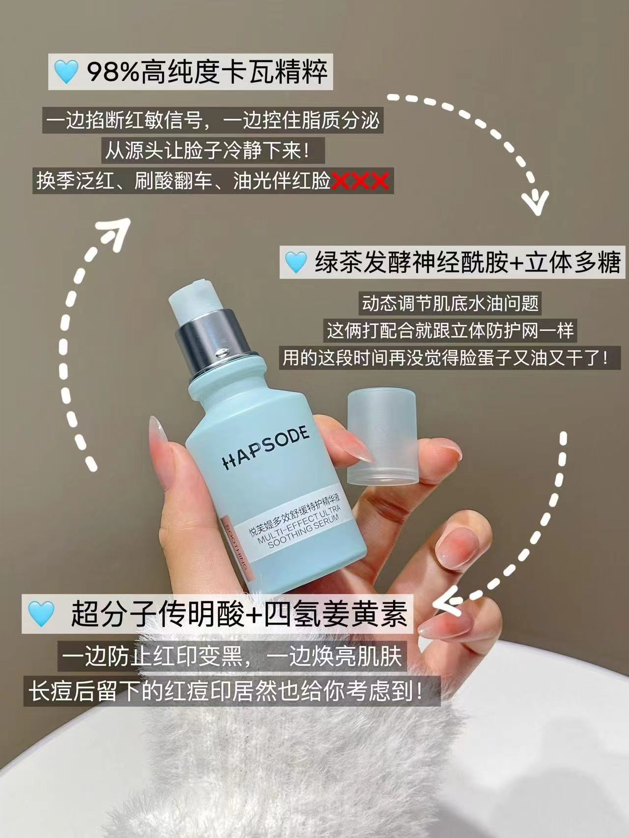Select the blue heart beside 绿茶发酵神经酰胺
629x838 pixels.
tap(296, 262)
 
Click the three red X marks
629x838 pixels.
tap(361, 181)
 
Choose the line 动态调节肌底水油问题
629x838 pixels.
tap(450, 303)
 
